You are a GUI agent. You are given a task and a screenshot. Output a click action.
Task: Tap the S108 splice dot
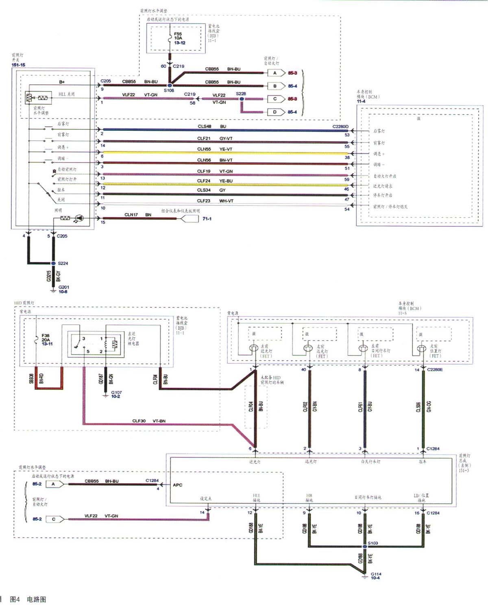coord(170,85)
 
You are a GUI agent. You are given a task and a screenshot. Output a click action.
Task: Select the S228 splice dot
coord(242,99)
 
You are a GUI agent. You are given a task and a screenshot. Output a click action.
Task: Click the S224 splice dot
coord(53,263)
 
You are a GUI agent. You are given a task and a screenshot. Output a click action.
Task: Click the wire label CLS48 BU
coord(212,126)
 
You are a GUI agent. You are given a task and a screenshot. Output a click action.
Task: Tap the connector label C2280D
coord(340,126)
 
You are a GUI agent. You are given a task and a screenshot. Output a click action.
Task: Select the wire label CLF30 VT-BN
coord(149,421)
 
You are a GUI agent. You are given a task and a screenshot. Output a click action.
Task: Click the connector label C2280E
coord(435,369)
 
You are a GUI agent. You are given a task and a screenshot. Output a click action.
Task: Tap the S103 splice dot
coord(365,547)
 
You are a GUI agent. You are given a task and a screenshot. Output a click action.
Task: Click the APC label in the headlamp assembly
coord(178,485)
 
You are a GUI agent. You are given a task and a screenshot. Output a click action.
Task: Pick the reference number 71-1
coord(207,219)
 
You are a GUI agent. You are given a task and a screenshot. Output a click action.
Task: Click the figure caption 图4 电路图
coord(28,599)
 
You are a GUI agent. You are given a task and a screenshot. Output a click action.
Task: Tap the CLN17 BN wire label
coord(137,215)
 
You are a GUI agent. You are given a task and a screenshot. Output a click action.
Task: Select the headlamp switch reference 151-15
coord(18,65)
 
